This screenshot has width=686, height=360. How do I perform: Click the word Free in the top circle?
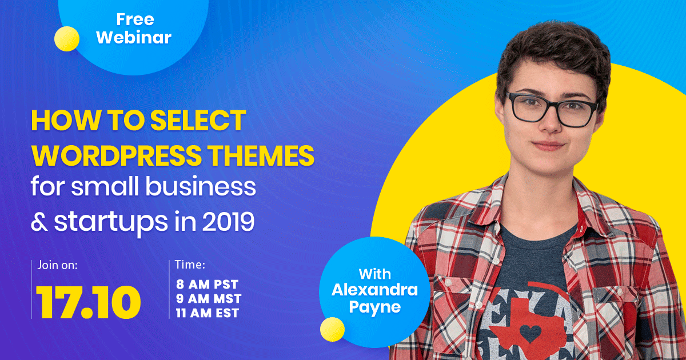click(135, 19)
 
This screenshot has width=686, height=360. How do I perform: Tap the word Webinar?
click(134, 37)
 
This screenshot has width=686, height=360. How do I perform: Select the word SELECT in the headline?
click(198, 121)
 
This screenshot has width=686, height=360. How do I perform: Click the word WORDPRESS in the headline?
click(117, 155)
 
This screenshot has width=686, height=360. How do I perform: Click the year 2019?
click(228, 222)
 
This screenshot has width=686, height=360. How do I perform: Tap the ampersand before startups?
click(39, 222)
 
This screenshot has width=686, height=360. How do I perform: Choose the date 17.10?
click(88, 302)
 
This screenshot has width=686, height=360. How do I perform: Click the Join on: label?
click(57, 265)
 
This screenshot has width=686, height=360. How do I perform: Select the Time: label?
click(190, 265)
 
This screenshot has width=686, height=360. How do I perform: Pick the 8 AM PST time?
click(207, 285)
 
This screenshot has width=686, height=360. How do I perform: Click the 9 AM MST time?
click(209, 299)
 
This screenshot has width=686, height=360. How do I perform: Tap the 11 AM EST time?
click(208, 313)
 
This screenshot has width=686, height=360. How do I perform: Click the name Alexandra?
click(374, 290)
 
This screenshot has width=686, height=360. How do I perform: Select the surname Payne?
click(374, 307)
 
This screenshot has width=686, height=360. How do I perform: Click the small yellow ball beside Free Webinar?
click(67, 39)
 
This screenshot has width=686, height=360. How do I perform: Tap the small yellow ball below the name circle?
click(332, 329)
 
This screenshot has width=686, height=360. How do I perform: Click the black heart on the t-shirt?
click(531, 333)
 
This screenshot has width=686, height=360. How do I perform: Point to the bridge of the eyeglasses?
click(551, 106)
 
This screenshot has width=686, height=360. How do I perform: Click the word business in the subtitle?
click(200, 186)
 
